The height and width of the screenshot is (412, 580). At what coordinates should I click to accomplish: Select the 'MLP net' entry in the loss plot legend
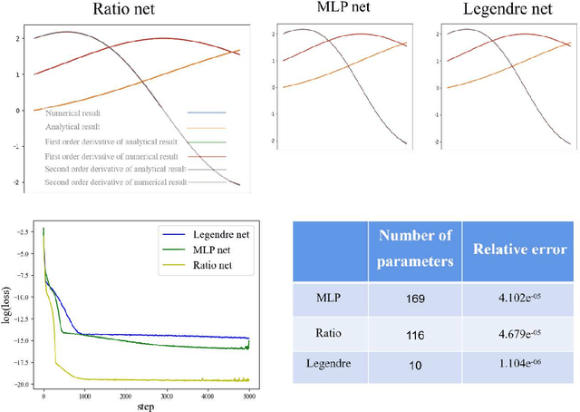point(212,248)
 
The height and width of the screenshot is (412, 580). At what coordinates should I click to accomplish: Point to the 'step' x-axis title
point(146,405)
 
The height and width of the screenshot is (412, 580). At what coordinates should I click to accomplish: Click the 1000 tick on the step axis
point(85,395)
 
